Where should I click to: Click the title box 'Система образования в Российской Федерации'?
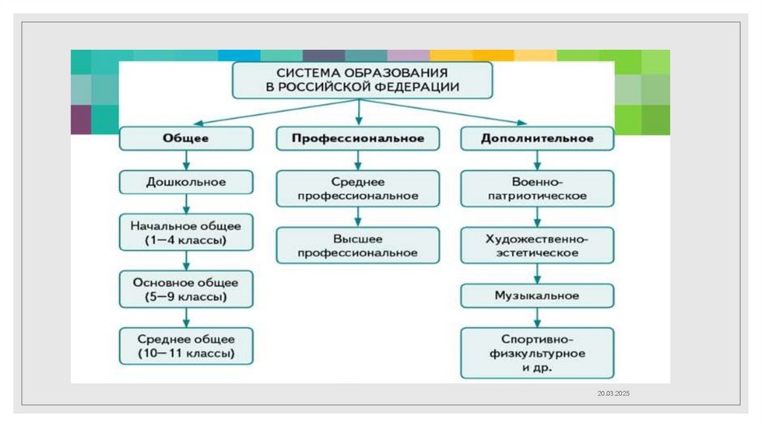362,80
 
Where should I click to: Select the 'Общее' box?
186,138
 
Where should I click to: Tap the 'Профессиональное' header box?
358,138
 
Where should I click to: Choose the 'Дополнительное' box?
537,138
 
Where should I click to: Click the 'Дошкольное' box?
186,181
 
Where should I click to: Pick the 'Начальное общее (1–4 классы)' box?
186,232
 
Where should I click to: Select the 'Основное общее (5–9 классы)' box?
186,289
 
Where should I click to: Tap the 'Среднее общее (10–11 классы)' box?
186,346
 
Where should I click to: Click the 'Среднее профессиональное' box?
358,189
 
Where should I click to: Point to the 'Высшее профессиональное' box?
358,246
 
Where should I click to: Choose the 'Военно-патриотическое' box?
537,189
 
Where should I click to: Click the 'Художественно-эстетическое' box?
537,246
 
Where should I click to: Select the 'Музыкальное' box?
537,295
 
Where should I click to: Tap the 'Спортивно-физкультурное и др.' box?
537,353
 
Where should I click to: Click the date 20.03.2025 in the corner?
612,392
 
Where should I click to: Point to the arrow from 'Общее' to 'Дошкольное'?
186,160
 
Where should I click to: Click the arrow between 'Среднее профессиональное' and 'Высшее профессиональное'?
358,217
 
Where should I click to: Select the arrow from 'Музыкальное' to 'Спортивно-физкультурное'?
537,318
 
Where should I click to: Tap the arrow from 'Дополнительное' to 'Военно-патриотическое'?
537,160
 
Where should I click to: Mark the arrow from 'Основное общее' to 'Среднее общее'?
186,318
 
